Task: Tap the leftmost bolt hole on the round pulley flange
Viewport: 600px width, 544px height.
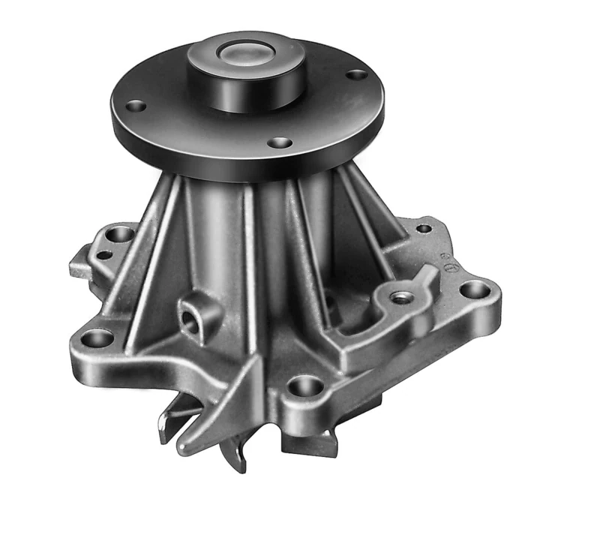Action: tap(135, 106)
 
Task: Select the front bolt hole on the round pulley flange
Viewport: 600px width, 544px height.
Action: tap(279, 142)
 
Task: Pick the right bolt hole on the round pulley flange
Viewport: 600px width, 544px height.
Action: tap(357, 75)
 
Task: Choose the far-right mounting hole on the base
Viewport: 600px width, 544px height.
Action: tap(474, 289)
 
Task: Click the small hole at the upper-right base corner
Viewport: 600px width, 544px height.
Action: tap(424, 228)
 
